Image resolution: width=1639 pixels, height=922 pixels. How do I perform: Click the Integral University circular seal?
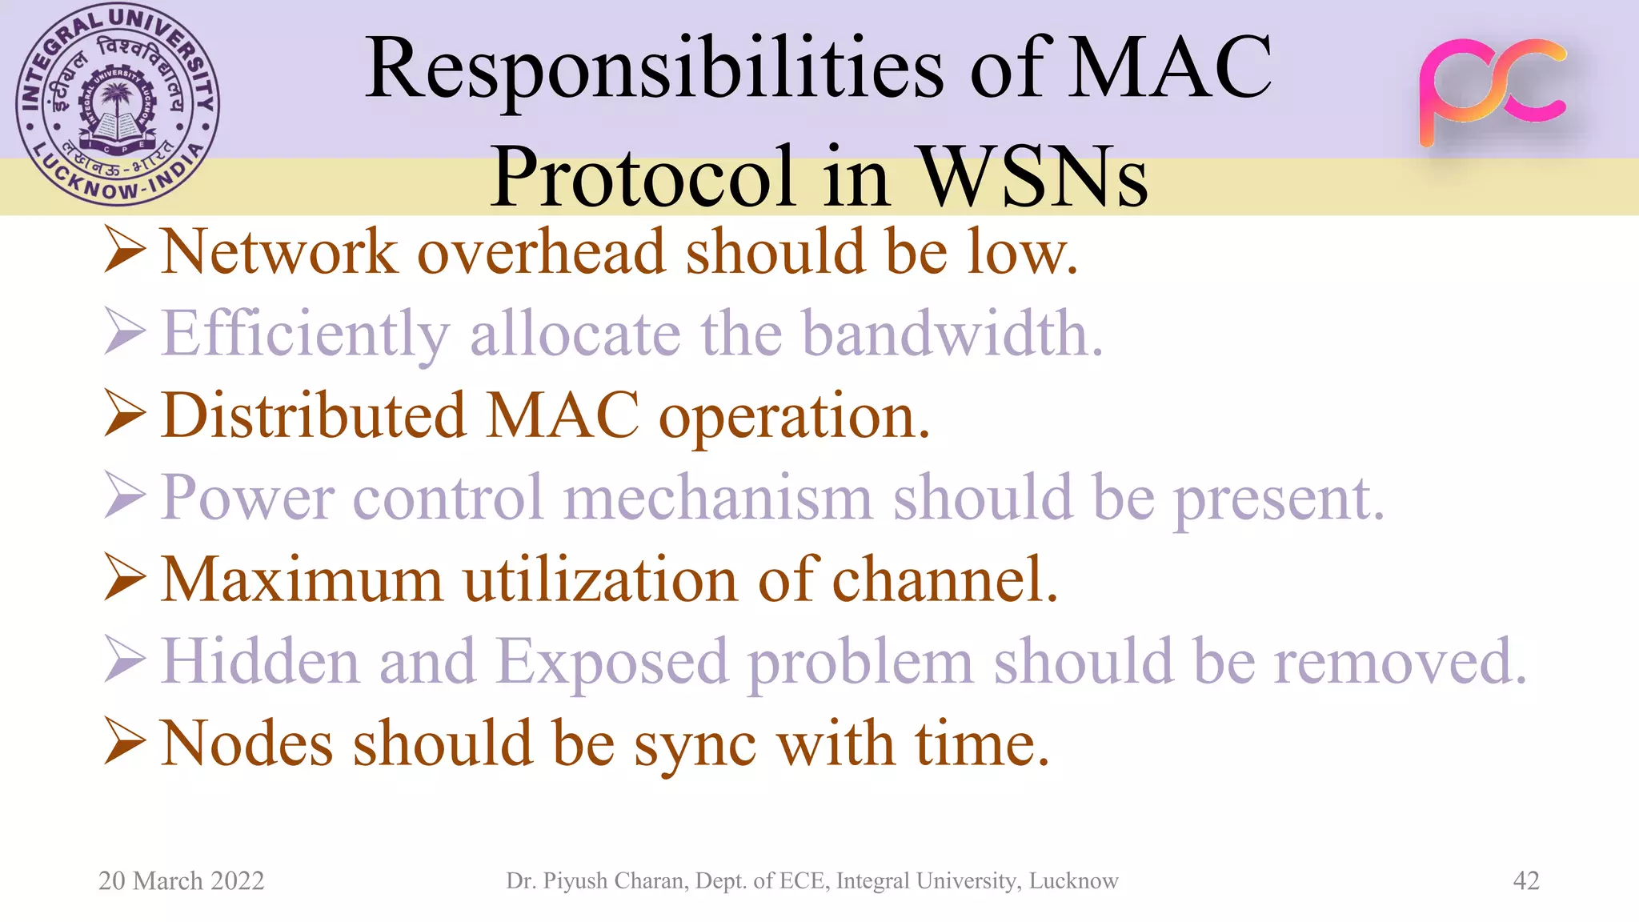tap(118, 105)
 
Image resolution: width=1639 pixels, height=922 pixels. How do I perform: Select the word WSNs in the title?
tap(1035, 178)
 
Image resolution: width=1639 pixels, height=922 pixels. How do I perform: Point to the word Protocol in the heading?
tap(643, 178)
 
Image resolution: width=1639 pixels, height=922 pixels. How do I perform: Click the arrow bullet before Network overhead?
tap(125, 251)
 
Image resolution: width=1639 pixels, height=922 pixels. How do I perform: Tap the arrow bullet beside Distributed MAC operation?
tap(125, 415)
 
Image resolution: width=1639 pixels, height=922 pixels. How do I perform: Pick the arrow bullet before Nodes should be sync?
tap(125, 743)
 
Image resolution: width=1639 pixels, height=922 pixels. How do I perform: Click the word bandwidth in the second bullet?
tap(952, 333)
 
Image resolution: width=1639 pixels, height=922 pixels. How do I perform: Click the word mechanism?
tap(718, 498)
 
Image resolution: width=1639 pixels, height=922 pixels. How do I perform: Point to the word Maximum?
tap(302, 579)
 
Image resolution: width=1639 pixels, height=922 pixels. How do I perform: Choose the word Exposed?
tap(612, 663)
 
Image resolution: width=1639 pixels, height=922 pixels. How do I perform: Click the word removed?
tap(1401, 663)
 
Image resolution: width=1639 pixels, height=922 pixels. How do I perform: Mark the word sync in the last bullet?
tap(695, 744)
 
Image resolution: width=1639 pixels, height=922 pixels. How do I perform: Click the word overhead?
tap(541, 251)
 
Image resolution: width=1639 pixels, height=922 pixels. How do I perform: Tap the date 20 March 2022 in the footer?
tap(181, 880)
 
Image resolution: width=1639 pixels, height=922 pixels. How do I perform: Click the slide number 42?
tap(1525, 880)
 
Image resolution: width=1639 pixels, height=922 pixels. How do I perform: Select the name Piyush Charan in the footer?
tap(612, 880)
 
